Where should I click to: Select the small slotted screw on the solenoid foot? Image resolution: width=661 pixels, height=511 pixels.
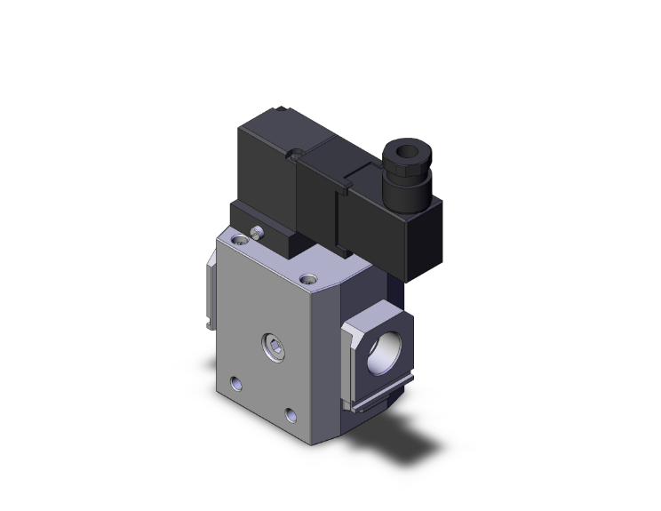click(256, 234)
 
